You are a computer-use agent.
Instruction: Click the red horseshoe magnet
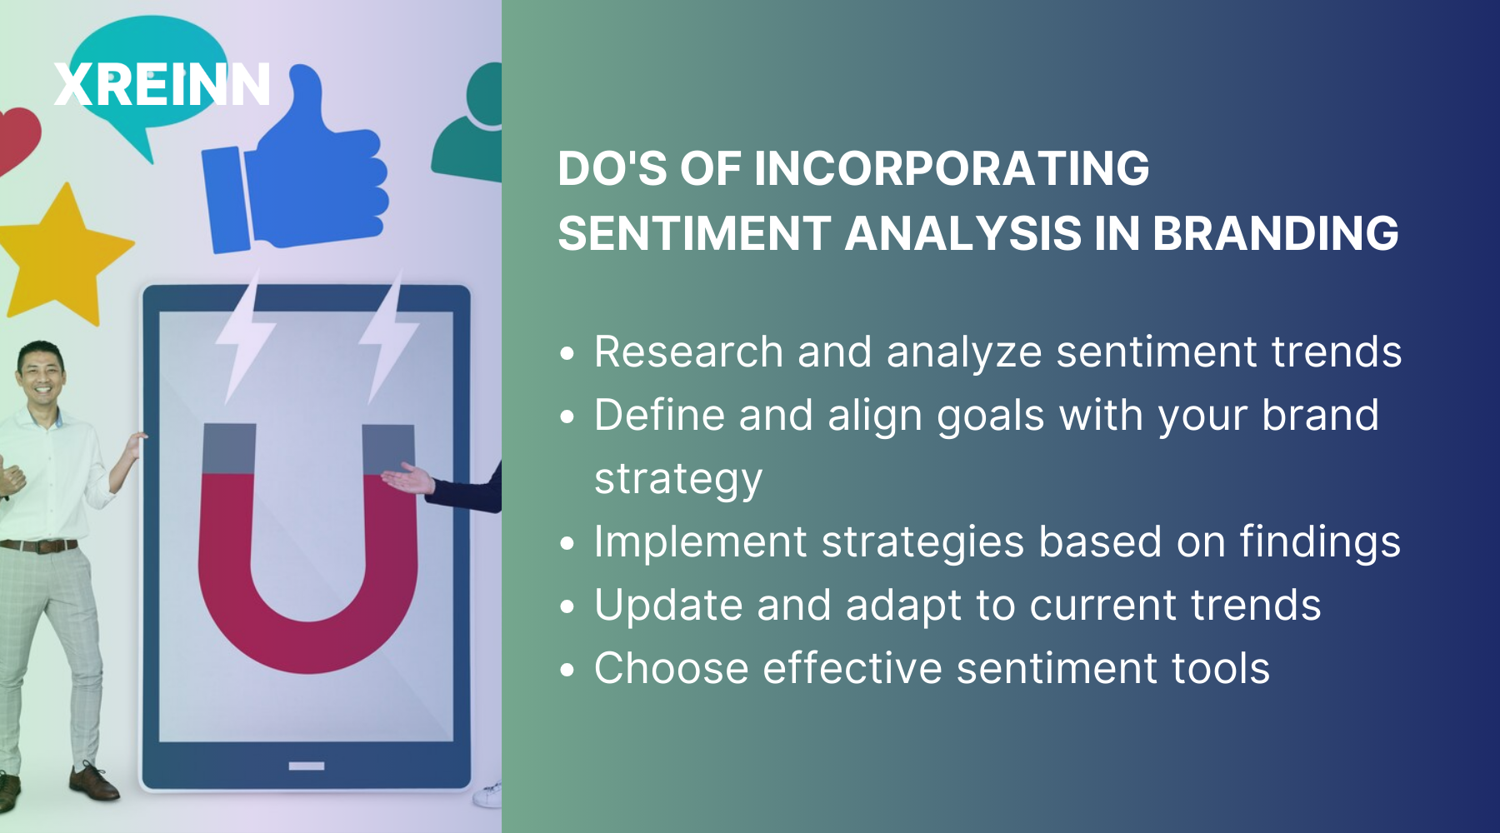[x=307, y=566]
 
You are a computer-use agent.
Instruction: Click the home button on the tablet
[x=307, y=766]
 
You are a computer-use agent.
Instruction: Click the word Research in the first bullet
[x=688, y=352]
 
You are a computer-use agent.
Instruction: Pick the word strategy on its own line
[x=678, y=479]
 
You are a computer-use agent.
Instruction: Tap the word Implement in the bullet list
[x=700, y=542]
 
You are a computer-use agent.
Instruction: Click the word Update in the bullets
[x=667, y=606]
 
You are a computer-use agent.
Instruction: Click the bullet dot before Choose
[x=567, y=670]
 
